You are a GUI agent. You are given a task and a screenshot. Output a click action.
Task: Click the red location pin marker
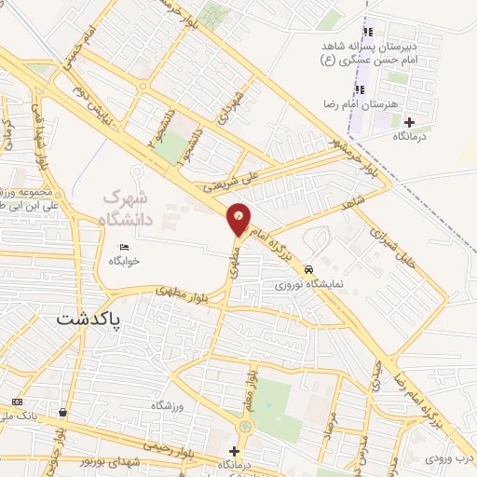(x=238, y=219)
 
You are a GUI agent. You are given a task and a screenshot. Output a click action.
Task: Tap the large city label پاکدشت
(x=91, y=319)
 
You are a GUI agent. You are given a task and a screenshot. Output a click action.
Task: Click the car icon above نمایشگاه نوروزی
(x=307, y=267)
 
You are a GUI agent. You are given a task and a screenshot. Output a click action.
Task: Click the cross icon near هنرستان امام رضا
(x=409, y=121)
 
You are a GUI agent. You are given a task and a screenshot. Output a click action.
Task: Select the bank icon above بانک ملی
(x=16, y=402)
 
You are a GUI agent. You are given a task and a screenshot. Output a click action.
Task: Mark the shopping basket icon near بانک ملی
(x=62, y=412)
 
